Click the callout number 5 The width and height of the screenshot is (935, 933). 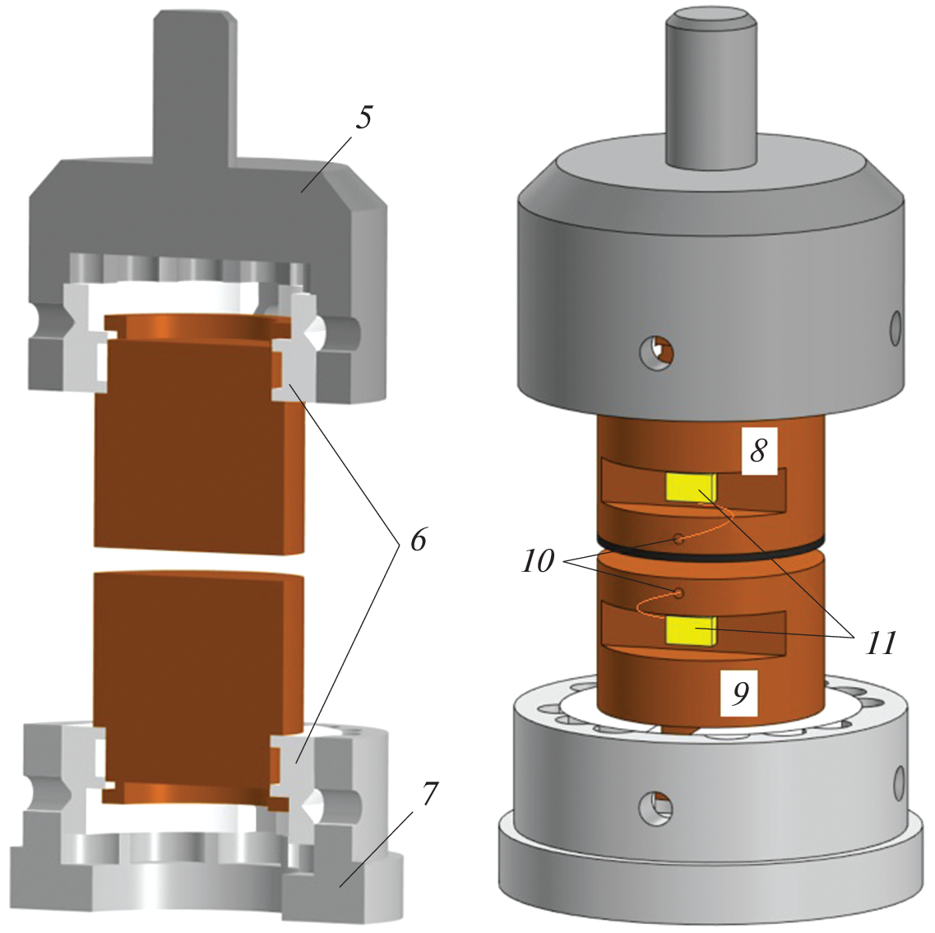363,117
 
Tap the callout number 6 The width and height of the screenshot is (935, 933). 418,540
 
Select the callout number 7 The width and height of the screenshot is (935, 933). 430,793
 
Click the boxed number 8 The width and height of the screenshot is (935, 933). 758,450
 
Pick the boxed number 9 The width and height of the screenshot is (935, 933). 740,694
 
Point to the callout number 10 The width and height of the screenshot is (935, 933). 538,561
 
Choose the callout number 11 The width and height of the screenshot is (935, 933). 881,643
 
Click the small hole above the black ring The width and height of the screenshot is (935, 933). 678,539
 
